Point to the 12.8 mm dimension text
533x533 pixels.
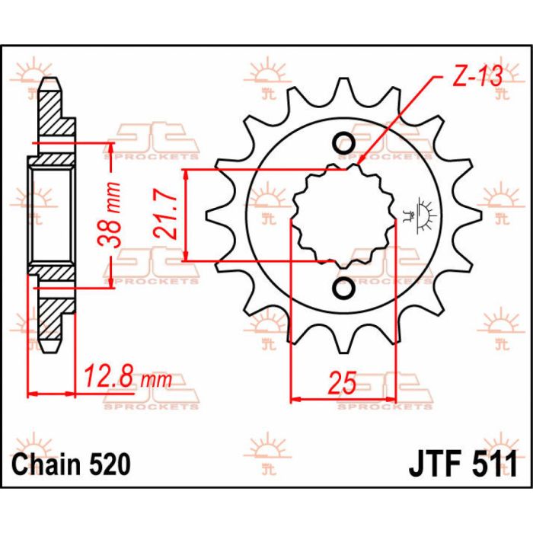point(127,376)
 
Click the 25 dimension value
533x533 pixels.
point(343,381)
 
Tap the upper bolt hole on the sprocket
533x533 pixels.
point(343,143)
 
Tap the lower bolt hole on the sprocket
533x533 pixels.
point(343,289)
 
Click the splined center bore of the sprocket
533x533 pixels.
point(343,215)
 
